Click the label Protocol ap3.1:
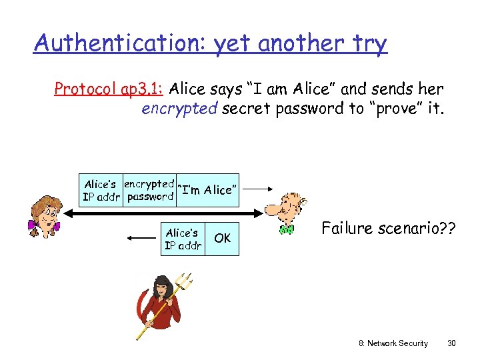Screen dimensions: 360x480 click(x=110, y=89)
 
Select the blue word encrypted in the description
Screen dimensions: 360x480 click(x=179, y=108)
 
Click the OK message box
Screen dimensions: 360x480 click(x=223, y=238)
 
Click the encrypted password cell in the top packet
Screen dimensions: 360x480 click(x=149, y=190)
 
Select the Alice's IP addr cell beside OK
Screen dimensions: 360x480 click(x=183, y=239)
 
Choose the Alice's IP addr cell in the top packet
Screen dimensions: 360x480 click(x=101, y=190)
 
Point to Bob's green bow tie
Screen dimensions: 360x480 click(x=286, y=229)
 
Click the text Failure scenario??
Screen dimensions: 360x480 click(x=389, y=229)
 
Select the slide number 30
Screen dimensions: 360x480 click(x=451, y=343)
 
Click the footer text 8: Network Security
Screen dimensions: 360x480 click(x=393, y=343)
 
